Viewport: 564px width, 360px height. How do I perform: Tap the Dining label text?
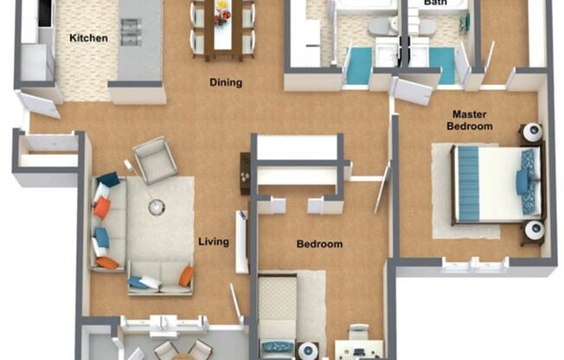click(225, 83)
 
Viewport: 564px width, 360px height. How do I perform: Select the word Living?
click(213, 241)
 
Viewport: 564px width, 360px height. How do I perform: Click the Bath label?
click(434, 3)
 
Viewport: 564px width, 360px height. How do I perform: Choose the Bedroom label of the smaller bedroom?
click(319, 244)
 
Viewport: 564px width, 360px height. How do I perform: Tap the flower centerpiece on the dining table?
click(223, 10)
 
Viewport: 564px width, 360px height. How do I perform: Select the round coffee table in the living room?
click(156, 208)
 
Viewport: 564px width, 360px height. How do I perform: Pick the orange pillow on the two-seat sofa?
click(186, 276)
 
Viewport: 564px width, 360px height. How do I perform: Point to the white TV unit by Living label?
click(243, 241)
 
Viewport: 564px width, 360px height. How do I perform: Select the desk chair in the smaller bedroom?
click(357, 333)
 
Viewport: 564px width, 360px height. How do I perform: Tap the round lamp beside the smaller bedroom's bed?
click(310, 350)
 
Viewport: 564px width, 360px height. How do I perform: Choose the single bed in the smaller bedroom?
click(278, 316)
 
